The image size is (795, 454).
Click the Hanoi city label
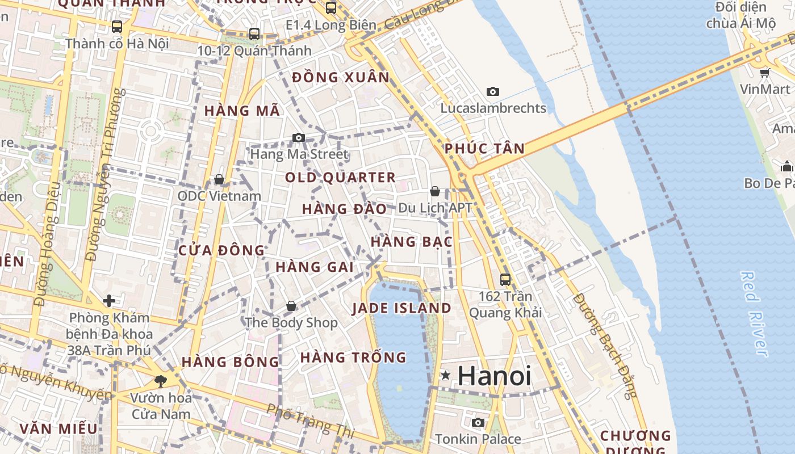[x=494, y=376]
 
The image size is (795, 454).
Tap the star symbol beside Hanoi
[x=446, y=375]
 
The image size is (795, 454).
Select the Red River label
[x=754, y=313]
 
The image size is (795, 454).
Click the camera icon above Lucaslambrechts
[x=492, y=91]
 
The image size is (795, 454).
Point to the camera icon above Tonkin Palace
[x=478, y=422]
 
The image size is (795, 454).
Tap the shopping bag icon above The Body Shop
[x=291, y=306]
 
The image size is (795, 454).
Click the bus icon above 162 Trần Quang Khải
[x=505, y=279]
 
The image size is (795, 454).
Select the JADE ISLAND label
[x=401, y=308]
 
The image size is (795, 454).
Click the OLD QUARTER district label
[x=340, y=178]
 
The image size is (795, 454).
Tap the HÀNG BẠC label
[x=411, y=242]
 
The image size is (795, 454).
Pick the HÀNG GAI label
[x=315, y=267]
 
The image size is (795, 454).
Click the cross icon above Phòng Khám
[x=109, y=300]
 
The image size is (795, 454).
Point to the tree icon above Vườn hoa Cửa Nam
[x=161, y=381]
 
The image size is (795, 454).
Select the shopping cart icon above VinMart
[x=764, y=73]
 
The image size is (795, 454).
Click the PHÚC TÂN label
[x=484, y=149]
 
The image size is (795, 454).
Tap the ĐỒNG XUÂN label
[x=341, y=78]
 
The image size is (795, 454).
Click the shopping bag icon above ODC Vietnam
[x=219, y=179]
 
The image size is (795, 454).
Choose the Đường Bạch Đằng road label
[x=606, y=346]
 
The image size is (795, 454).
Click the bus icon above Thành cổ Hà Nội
[x=117, y=26]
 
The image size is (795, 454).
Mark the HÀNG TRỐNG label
[x=353, y=358]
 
